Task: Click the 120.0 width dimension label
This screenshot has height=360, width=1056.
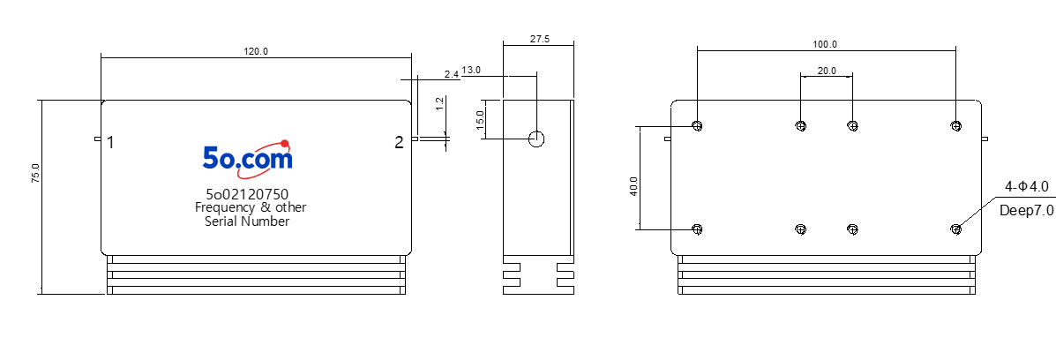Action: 256,51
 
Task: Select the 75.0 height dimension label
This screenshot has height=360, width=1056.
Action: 35,173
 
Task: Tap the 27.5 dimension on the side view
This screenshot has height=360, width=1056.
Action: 539,39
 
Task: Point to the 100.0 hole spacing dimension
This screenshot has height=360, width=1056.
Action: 825,44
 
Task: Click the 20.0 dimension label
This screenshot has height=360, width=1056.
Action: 827,70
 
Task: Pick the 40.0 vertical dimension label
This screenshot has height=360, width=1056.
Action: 633,187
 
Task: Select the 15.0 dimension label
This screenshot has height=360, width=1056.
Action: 480,120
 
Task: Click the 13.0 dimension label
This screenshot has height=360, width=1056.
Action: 471,71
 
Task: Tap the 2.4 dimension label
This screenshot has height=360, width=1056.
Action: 451,74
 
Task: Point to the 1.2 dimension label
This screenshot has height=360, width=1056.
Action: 439,103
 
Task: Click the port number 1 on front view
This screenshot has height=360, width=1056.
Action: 109,142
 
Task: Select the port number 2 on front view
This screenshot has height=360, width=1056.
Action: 400,142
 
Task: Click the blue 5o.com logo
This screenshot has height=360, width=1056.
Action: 248,157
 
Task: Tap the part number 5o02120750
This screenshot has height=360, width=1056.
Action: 247,195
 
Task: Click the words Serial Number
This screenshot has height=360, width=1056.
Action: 247,221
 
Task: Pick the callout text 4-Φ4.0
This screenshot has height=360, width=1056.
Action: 1026,186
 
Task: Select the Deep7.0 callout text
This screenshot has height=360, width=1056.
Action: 1026,210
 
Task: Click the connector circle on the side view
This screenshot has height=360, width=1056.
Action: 536,139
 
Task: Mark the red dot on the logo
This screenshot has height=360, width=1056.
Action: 285,143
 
